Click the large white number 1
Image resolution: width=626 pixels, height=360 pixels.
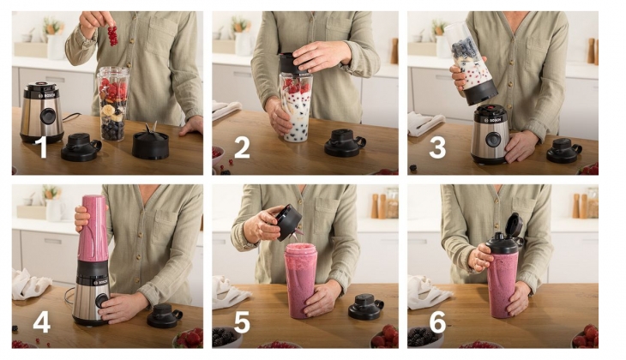click(x=40, y=147)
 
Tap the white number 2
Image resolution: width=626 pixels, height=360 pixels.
click(x=242, y=147)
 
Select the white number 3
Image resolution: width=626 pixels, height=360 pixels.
click(x=437, y=147)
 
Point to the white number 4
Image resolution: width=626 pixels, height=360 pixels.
click(x=41, y=323)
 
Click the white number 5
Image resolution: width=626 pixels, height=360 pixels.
click(x=242, y=323)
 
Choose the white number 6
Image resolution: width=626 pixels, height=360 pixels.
click(x=438, y=323)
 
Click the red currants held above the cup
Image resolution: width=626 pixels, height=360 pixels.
click(x=111, y=34)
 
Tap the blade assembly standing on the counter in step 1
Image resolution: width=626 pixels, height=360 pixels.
click(x=150, y=142)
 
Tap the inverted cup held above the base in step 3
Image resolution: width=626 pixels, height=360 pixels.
click(x=471, y=64)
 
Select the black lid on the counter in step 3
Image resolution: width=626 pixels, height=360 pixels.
click(x=564, y=150)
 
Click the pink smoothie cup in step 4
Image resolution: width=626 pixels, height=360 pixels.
click(x=93, y=227)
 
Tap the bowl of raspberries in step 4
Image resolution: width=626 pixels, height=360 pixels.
click(x=190, y=338)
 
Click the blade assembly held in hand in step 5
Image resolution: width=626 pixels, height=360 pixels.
click(x=288, y=221)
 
